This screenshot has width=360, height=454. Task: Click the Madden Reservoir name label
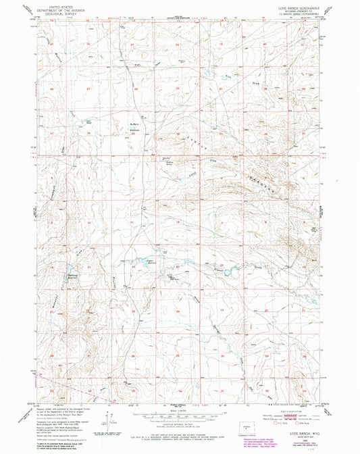[x=74, y=276]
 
